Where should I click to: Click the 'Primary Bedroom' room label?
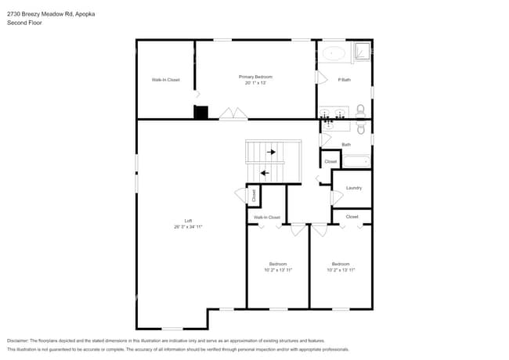(255, 77)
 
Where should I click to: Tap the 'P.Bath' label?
(344, 80)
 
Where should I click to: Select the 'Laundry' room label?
(353, 188)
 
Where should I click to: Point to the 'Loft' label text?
(188, 221)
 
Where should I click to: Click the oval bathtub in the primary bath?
(335, 54)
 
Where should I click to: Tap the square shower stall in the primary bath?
(363, 52)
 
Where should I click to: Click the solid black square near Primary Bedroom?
(200, 113)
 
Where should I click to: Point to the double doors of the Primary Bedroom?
(233, 115)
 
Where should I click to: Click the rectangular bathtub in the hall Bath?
(356, 161)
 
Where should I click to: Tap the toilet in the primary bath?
(361, 110)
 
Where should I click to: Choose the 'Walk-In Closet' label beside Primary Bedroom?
(165, 80)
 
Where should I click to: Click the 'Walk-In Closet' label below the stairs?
(266, 217)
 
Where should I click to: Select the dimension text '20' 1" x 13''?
(255, 83)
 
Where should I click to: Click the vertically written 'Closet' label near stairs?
(254, 196)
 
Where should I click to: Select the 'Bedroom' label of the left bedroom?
(278, 264)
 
